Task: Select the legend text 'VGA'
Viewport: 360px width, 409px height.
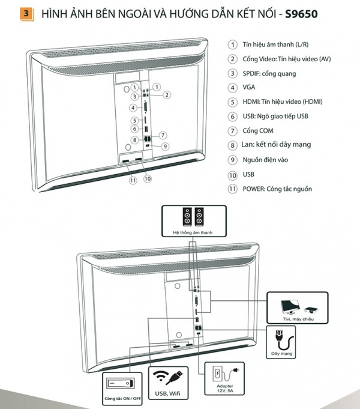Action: (249, 88)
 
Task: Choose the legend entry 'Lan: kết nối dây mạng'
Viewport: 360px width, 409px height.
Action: (277, 145)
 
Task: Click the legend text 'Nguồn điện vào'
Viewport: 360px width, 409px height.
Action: (265, 160)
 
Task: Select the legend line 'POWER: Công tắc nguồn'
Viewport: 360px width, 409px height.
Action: (277, 189)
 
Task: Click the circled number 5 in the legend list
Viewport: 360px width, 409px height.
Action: (232, 102)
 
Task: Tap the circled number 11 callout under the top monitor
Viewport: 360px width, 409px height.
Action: (133, 179)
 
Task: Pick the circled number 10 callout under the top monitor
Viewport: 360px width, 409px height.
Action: (148, 178)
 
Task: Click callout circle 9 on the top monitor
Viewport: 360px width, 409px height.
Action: (164, 146)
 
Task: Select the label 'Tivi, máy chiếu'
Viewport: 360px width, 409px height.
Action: (298, 319)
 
